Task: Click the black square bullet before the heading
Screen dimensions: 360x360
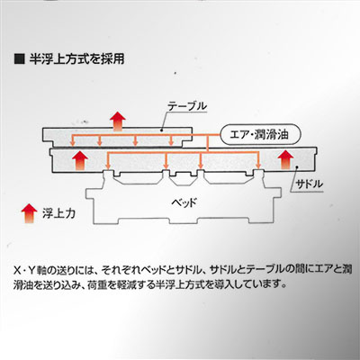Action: [19, 58]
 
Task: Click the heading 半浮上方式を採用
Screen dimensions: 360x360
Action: [76, 59]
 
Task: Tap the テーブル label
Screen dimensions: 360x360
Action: [187, 106]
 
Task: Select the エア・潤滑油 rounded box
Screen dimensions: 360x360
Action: [260, 134]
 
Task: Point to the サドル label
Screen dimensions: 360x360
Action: [309, 184]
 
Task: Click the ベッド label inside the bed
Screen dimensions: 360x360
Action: [184, 202]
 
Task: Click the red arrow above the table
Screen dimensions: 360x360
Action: [117, 121]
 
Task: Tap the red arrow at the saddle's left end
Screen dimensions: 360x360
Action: [79, 160]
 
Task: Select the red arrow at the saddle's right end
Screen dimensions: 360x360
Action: [286, 160]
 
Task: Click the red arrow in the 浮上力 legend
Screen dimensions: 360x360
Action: [29, 213]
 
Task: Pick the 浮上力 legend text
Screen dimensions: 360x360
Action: [58, 213]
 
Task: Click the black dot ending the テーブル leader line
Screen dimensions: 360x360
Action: [161, 130]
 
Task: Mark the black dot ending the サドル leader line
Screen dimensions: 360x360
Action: [297, 169]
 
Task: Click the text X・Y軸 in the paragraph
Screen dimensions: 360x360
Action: [30, 269]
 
